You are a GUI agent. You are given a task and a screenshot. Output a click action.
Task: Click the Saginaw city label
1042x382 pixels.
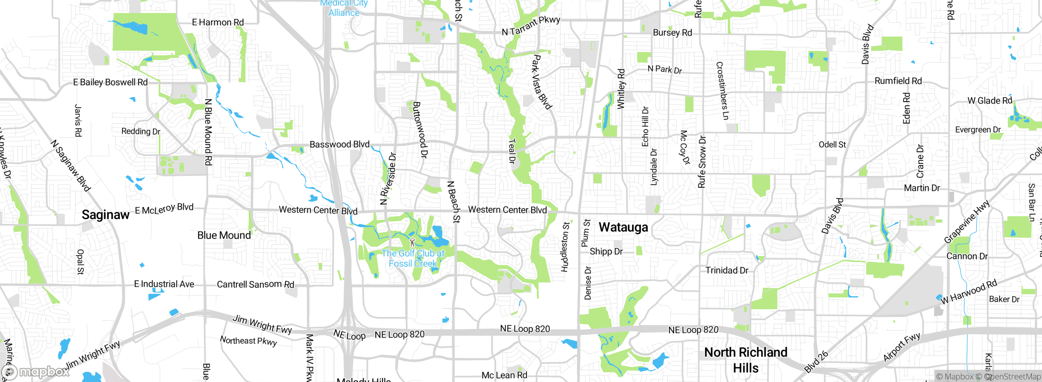[105, 215]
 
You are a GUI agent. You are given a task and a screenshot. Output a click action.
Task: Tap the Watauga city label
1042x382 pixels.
[623, 227]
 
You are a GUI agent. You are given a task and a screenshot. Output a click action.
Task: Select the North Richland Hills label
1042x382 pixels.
[746, 360]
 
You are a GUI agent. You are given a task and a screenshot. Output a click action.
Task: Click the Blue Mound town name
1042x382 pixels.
[224, 235]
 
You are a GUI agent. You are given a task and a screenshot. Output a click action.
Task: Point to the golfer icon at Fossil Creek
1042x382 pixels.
[412, 243]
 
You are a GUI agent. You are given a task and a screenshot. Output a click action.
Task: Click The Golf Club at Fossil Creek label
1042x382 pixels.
[413, 258]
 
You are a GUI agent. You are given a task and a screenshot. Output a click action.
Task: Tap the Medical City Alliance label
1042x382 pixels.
[344, 8]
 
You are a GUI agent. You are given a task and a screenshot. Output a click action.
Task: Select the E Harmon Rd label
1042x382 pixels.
[218, 22]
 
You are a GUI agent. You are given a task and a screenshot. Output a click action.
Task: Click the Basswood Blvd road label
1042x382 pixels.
[339, 144]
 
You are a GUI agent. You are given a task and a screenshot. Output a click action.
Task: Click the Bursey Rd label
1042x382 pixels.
[672, 33]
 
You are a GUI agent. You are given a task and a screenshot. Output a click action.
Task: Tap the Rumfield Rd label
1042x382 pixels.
[898, 81]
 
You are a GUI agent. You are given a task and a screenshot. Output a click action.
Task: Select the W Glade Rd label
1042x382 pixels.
[989, 100]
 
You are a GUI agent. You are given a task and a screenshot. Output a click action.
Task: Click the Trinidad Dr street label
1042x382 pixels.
[727, 270]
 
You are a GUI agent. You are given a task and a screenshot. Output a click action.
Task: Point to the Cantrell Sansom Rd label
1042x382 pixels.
[255, 284]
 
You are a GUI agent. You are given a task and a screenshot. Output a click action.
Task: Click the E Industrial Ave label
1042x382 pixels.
[164, 284]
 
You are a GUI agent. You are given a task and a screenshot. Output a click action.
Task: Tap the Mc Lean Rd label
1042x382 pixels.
[504, 375]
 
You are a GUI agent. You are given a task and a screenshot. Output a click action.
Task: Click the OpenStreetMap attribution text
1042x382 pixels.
[1012, 377]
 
